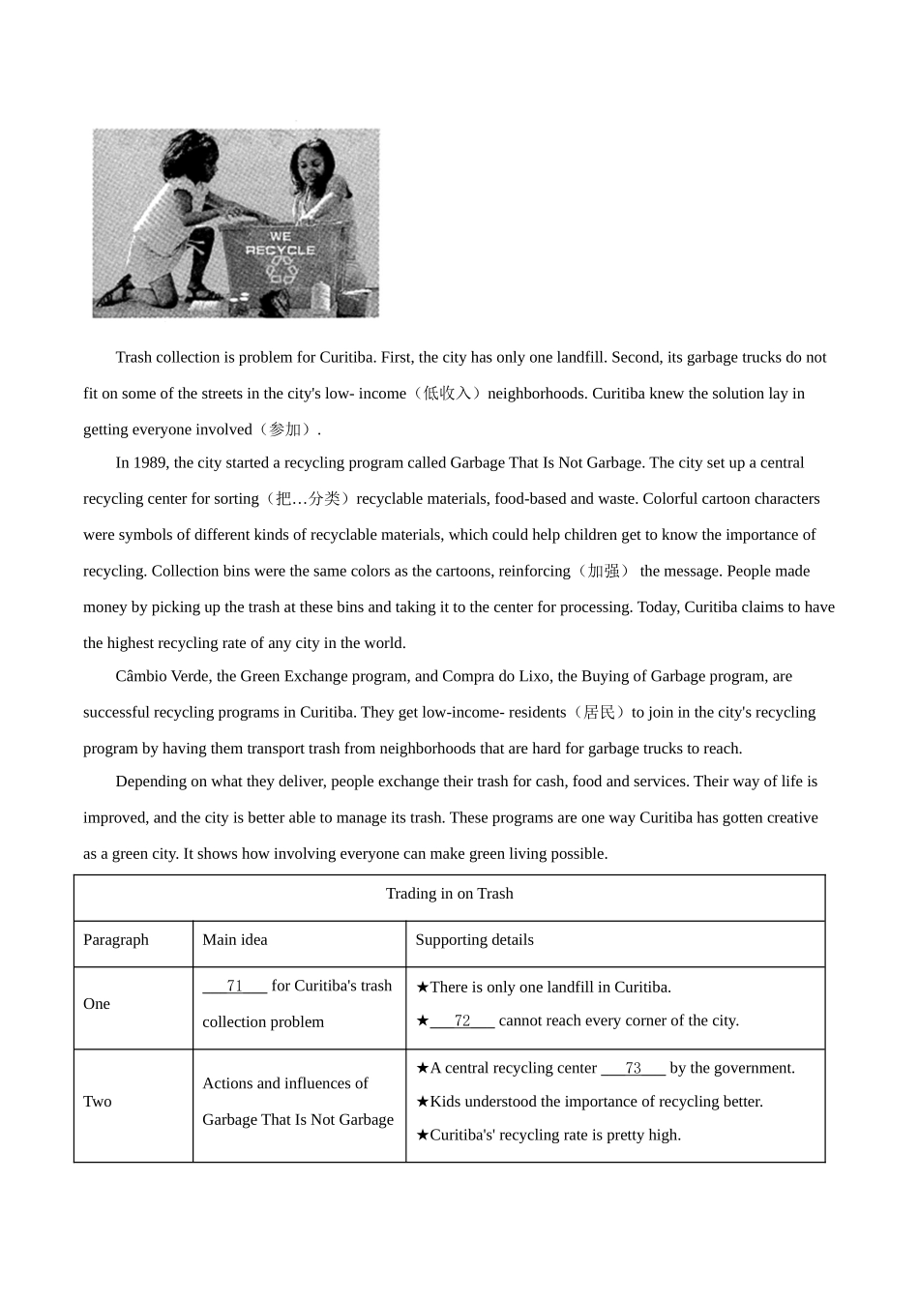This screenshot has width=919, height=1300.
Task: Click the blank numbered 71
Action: [x=234, y=986]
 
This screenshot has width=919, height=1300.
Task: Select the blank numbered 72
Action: [x=462, y=1020]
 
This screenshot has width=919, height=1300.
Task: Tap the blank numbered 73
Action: [x=634, y=1068]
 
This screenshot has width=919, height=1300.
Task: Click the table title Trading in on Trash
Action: [x=450, y=894]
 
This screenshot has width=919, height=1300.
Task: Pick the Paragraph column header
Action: [x=116, y=940]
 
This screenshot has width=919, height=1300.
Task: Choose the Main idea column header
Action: [x=235, y=940]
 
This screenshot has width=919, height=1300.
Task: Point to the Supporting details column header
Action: [x=474, y=940]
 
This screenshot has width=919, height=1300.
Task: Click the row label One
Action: [x=97, y=1004]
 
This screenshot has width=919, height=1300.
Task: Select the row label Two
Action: [x=98, y=1102]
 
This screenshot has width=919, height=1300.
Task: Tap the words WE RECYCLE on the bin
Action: [x=280, y=243]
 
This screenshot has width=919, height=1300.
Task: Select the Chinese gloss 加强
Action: [x=604, y=572]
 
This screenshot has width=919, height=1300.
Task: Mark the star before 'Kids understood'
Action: [x=422, y=1102]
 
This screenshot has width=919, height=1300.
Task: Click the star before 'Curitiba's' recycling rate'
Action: [x=422, y=1136]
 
